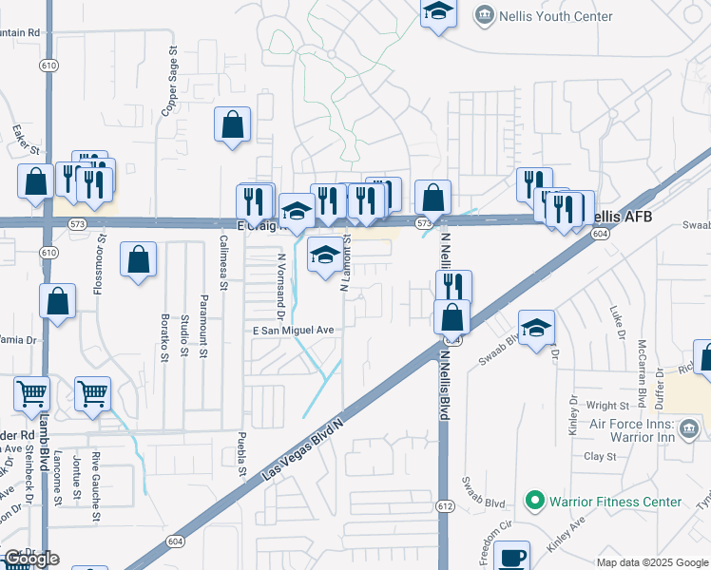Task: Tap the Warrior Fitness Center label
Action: tap(615, 502)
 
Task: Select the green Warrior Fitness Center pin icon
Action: tap(534, 501)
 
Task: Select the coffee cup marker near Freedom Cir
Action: tap(514, 556)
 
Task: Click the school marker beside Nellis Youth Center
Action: tap(438, 12)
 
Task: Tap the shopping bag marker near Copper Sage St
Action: tap(233, 124)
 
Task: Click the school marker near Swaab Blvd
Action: tap(536, 327)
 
